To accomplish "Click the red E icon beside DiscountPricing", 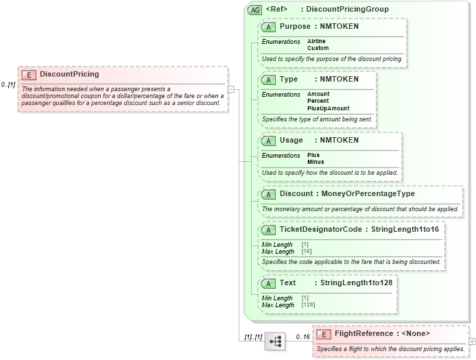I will pyautogui.click(x=29, y=75).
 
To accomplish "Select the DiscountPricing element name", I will pyautogui.click(x=69, y=74).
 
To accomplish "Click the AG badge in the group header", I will pyautogui.click(x=255, y=10).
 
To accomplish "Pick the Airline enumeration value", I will pyautogui.click(x=316, y=41).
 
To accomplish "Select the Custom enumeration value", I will pyautogui.click(x=318, y=48).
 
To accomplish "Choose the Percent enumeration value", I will pyautogui.click(x=318, y=101).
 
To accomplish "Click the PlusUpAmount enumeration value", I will pyautogui.click(x=328, y=108).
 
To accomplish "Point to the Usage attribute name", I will pyautogui.click(x=291, y=140).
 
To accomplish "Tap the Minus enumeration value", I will pyautogui.click(x=316, y=162).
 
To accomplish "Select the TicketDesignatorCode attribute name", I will pyautogui.click(x=320, y=229).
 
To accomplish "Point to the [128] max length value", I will pyautogui.click(x=308, y=304).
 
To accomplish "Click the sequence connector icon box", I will pyautogui.click(x=275, y=341).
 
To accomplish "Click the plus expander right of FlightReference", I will pyautogui.click(x=471, y=341).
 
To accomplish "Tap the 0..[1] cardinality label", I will pyautogui.click(x=8, y=84).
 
